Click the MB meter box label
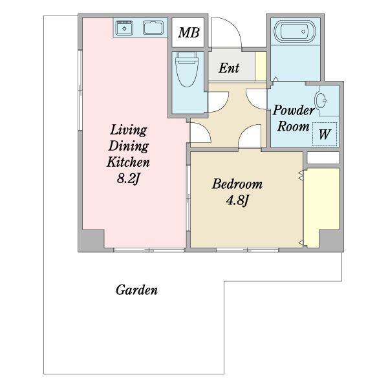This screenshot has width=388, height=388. click(189, 32)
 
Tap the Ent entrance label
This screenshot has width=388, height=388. click(229, 67)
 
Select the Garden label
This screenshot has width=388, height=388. click(136, 290)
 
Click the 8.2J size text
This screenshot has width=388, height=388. click(129, 178)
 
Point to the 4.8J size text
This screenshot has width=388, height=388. click(237, 200)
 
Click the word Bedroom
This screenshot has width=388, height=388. click(237, 184)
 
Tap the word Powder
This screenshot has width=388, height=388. click(294, 110)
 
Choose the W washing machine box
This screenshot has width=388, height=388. click(325, 135)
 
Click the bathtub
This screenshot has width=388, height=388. click(295, 32)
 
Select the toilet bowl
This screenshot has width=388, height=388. click(187, 70)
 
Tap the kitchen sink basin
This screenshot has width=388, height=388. click(124, 28)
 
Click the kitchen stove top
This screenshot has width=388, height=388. click(153, 28)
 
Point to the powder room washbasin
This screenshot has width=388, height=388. click(321, 101)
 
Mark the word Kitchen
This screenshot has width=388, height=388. click(128, 162)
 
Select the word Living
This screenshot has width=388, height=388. click(129, 130)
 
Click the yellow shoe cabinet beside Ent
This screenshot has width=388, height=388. click(261, 66)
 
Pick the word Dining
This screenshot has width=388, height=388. click(129, 146)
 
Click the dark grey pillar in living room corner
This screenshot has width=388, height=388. click(91, 239)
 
